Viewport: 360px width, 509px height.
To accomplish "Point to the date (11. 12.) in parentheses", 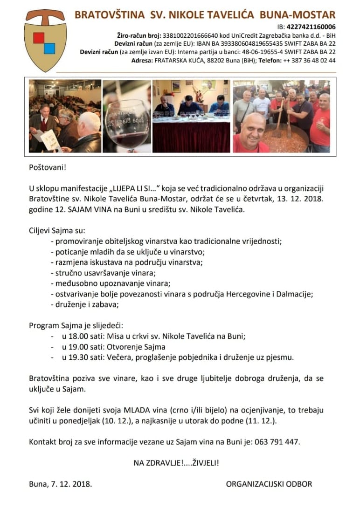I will pos(264,421).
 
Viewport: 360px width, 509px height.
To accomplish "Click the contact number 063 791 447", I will pos(277,441).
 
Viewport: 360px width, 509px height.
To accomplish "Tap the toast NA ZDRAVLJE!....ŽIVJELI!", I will pos(176,463).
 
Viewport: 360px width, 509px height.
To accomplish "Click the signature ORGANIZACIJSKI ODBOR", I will pos(269,484).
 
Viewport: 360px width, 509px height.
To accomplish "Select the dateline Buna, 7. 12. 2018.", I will pos(60,484).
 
